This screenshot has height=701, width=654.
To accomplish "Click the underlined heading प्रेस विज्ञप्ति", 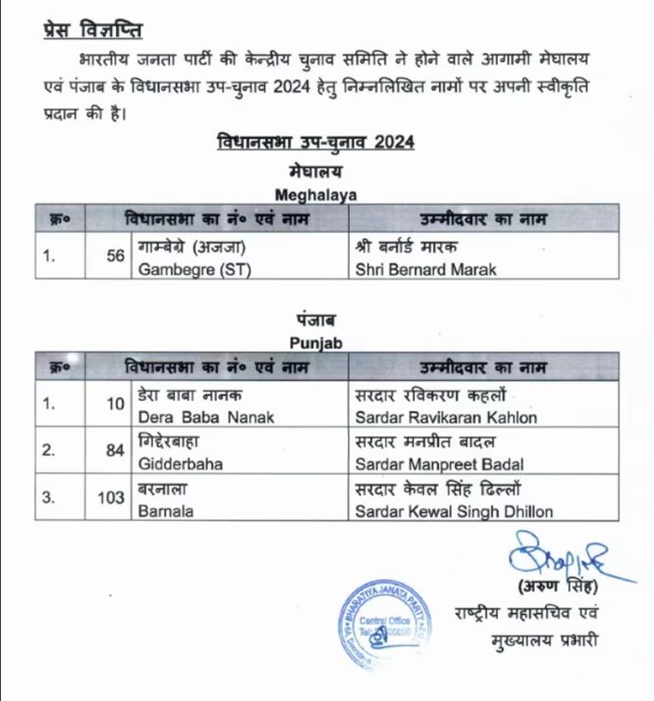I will coord(93,31).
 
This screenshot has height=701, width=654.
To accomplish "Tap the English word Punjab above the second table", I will coord(315,342).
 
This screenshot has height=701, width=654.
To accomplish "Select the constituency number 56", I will coord(116,255).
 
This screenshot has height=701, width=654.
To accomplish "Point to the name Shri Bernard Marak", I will coord(425,270).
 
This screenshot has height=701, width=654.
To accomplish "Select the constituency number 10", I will coord(116,404).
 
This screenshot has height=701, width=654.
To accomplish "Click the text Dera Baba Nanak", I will coord(196,418).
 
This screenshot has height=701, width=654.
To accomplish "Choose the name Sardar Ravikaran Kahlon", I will coord(447,418).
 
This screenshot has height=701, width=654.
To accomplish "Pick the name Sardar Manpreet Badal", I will coord(439,465).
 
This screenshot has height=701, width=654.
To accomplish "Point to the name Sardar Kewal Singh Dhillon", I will coord(454,512).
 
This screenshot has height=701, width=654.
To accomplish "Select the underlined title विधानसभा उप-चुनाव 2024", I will coord(315,141).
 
